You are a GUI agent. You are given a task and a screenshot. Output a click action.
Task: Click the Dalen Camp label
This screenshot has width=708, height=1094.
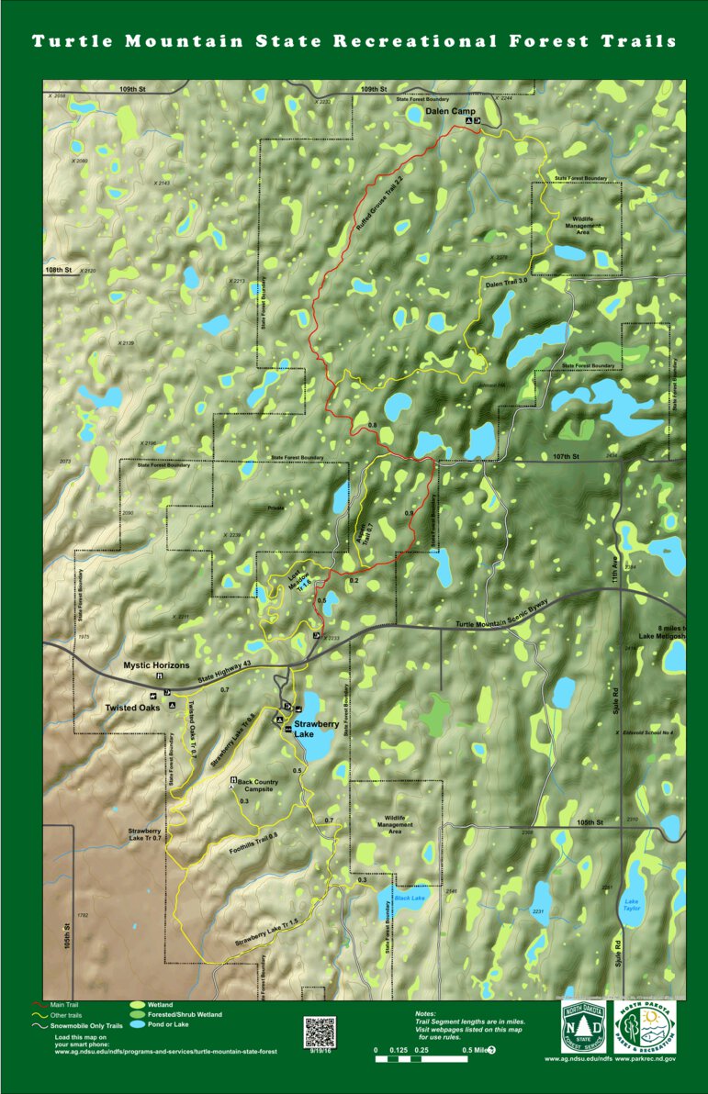click(445, 110)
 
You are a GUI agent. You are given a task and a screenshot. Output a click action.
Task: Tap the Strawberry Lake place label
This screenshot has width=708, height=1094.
click(316, 730)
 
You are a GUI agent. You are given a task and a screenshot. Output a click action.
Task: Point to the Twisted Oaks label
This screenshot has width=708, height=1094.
click(132, 708)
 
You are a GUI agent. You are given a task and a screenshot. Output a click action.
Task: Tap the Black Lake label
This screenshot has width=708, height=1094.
click(410, 898)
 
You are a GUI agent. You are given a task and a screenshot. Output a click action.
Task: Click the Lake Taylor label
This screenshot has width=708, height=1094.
click(632, 905)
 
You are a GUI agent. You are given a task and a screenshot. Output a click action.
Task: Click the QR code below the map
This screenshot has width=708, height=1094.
click(320, 1032)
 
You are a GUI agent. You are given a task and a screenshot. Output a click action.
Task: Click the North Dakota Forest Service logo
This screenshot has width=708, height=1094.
click(584, 1029)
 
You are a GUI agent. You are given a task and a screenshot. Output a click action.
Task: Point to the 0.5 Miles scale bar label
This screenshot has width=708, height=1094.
click(478, 1049)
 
